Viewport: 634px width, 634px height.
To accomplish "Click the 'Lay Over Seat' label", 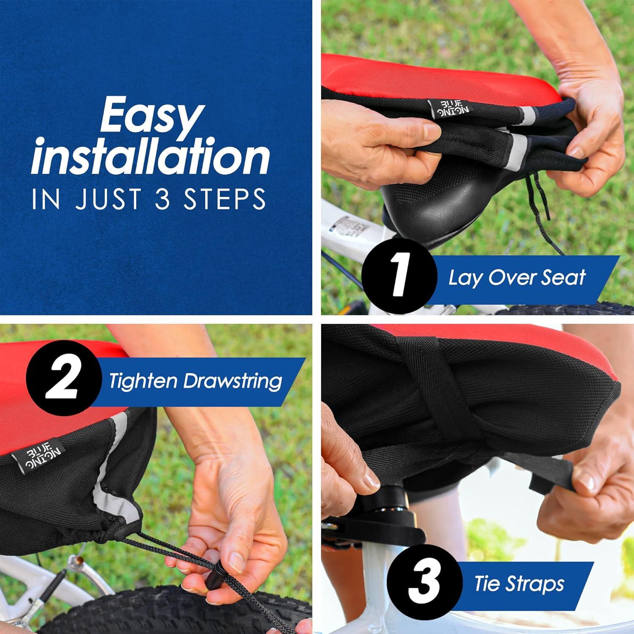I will click(516, 278).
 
